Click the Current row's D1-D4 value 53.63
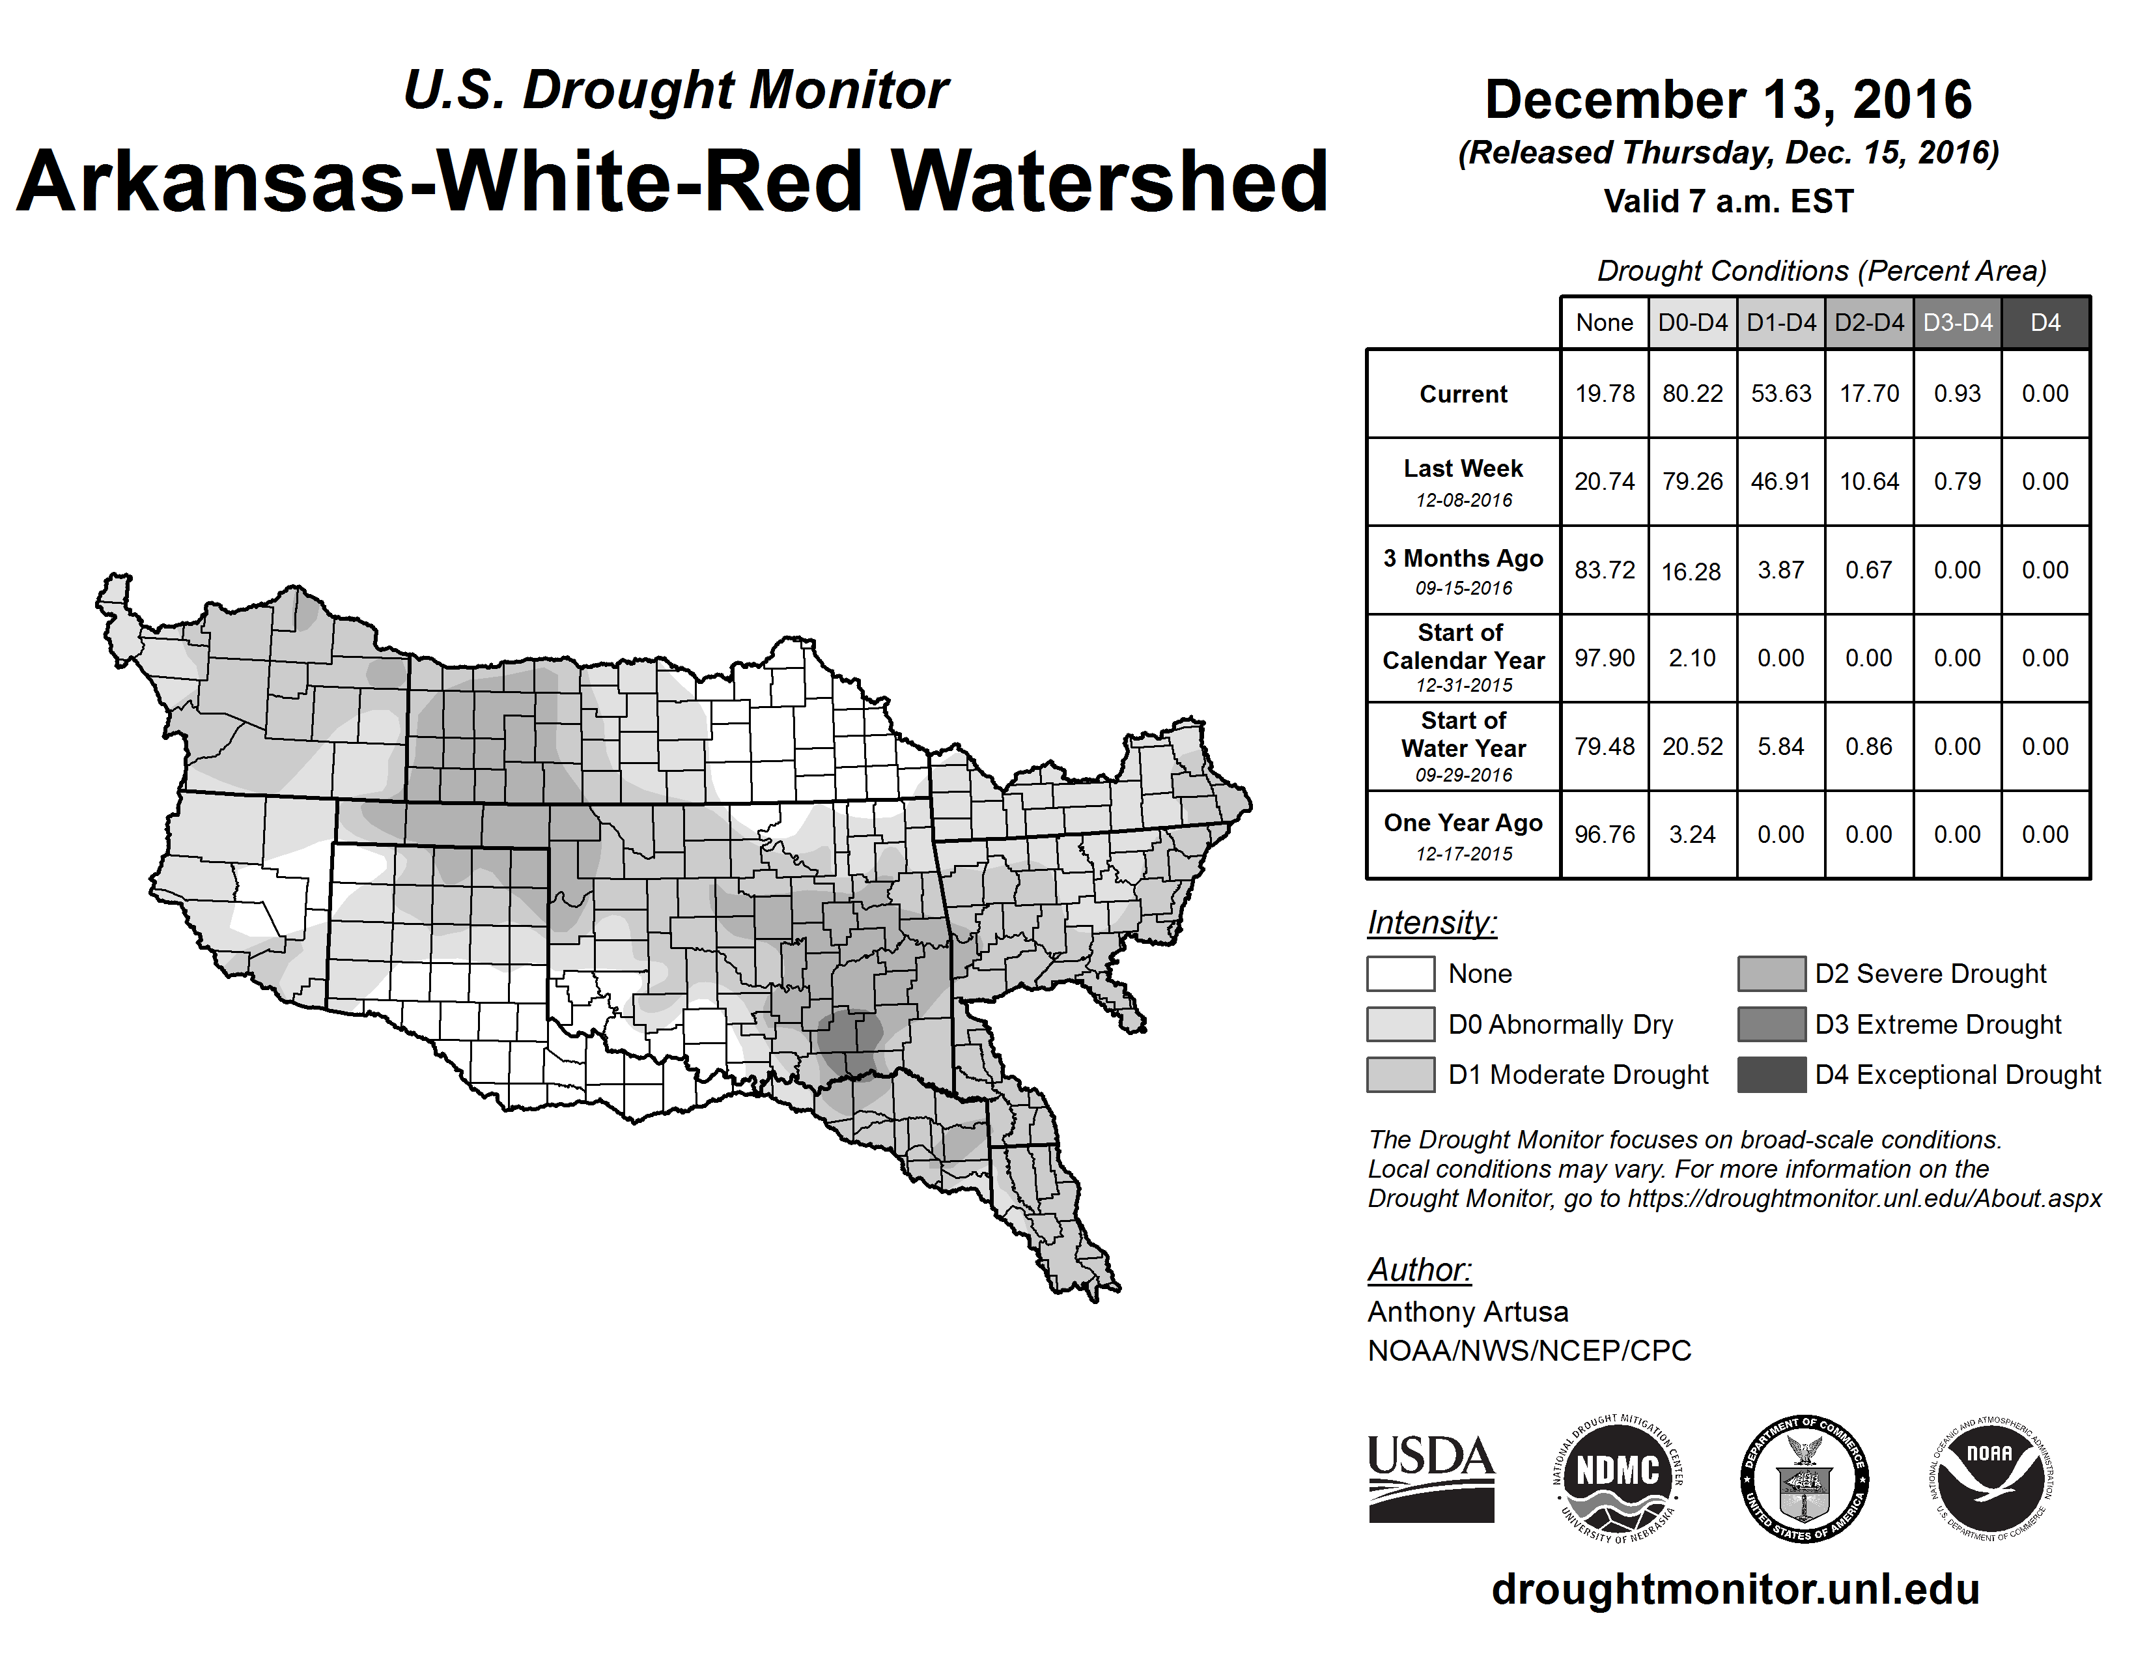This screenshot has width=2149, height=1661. pos(1781,393)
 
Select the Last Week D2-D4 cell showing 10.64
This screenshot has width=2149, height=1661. pos(1870,481)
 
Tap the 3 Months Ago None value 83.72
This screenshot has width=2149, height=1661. pos(1604,570)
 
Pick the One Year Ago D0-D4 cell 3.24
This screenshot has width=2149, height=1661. pos(1693,834)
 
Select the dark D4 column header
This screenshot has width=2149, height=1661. pos(2045,322)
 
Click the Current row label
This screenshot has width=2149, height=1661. pos(1463,393)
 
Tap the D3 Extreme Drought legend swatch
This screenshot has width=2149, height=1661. pos(1771,1023)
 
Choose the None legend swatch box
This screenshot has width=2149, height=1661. pos(1400,973)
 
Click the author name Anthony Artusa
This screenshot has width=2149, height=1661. pos(1467,1312)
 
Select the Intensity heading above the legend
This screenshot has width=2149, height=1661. pos(1431,923)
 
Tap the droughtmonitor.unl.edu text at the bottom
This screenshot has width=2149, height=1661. pos(1735,1589)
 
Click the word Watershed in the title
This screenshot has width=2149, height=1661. pos(1109,181)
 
